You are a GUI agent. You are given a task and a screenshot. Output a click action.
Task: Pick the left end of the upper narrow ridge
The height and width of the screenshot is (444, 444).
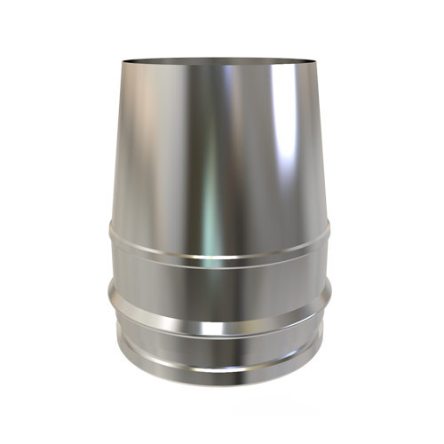109,233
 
